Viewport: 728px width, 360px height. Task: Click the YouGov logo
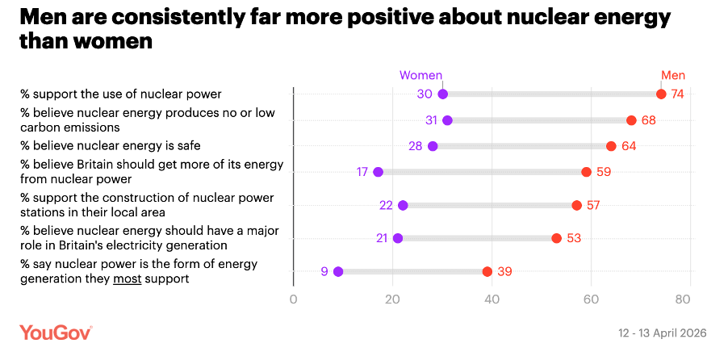(56, 333)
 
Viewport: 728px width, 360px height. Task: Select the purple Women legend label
(421, 76)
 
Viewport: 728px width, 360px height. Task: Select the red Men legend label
(672, 76)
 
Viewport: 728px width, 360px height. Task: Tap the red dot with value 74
(661, 94)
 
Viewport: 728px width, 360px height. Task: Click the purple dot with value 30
(442, 94)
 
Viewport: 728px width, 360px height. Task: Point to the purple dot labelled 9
(338, 272)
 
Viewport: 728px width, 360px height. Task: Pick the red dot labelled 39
(487, 272)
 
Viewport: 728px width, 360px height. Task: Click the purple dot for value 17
(378, 172)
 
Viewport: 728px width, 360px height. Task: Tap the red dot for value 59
(586, 172)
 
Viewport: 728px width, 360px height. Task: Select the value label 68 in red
(648, 120)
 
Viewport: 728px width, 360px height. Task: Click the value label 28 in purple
(415, 146)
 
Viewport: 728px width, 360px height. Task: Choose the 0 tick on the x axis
(293, 299)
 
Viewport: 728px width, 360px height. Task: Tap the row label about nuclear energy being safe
(111, 146)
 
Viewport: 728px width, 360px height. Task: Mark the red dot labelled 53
(556, 238)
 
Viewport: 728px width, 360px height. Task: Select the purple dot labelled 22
(403, 205)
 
